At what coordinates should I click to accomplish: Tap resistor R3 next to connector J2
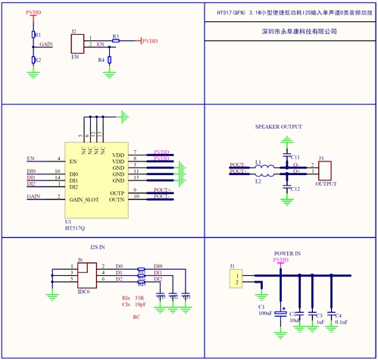coord(115,40)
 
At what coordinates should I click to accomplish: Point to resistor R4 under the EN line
coord(109,59)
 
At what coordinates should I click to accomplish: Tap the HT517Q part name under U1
coord(75,227)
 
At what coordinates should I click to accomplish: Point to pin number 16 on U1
coord(58,173)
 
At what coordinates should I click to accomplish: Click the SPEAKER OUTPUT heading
coord(279,127)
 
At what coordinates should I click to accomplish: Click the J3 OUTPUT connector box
coord(324,171)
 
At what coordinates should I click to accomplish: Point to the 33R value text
coord(139,299)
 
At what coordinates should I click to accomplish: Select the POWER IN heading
coord(287,253)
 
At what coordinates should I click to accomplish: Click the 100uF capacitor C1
coord(281,311)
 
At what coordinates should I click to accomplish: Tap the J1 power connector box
coord(238,279)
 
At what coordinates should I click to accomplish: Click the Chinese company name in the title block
coord(291,32)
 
